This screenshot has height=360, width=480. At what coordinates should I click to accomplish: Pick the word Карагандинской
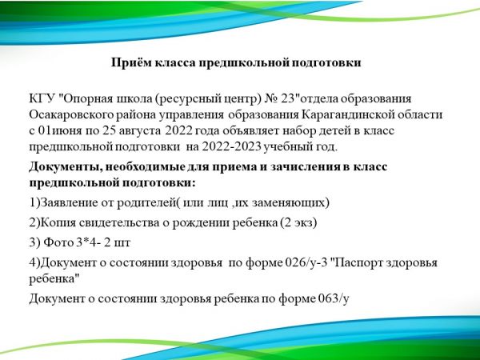[347, 114]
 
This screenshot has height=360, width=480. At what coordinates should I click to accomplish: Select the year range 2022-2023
[231, 146]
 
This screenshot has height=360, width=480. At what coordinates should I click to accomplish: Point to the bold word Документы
[66, 167]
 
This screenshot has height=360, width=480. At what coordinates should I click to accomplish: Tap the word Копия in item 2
[58, 222]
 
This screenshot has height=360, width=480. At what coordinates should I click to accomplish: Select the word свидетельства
[119, 222]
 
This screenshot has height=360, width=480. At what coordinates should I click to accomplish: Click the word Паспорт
[358, 262]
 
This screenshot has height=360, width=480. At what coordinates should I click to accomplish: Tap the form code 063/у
[334, 298]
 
